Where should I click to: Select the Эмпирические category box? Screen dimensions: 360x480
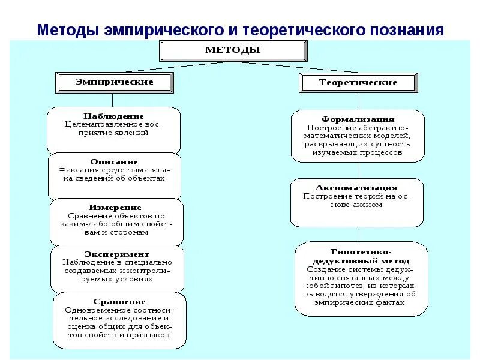coord(114,82)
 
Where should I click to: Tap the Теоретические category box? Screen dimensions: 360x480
coord(358,83)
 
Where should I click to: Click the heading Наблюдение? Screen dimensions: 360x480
coord(113,116)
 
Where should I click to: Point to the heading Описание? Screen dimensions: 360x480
coord(114,161)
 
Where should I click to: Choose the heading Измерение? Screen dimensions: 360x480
coord(115,207)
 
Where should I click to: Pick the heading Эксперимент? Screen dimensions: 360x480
coord(116,254)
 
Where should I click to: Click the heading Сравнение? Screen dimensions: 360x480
coord(119,301)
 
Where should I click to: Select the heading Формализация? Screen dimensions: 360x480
coord(358,119)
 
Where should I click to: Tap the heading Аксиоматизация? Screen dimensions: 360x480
coord(357,188)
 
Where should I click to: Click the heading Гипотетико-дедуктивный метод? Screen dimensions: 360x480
coord(361,256)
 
